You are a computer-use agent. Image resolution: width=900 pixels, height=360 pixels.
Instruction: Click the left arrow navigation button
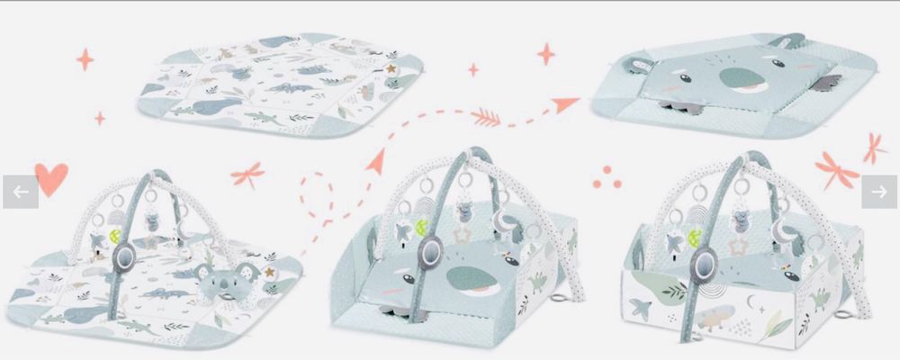[x=20, y=192]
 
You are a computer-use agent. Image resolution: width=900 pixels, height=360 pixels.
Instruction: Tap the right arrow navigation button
[x=879, y=192]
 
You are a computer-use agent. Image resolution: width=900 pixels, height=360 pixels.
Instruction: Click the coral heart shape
[x=51, y=177]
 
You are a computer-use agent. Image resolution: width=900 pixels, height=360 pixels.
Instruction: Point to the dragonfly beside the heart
[x=247, y=172]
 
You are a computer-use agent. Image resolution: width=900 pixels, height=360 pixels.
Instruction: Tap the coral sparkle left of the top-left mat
[x=85, y=59]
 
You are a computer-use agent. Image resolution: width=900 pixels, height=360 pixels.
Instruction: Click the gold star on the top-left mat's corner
[x=391, y=67]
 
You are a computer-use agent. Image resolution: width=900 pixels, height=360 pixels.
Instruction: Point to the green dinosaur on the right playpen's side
[x=822, y=296]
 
